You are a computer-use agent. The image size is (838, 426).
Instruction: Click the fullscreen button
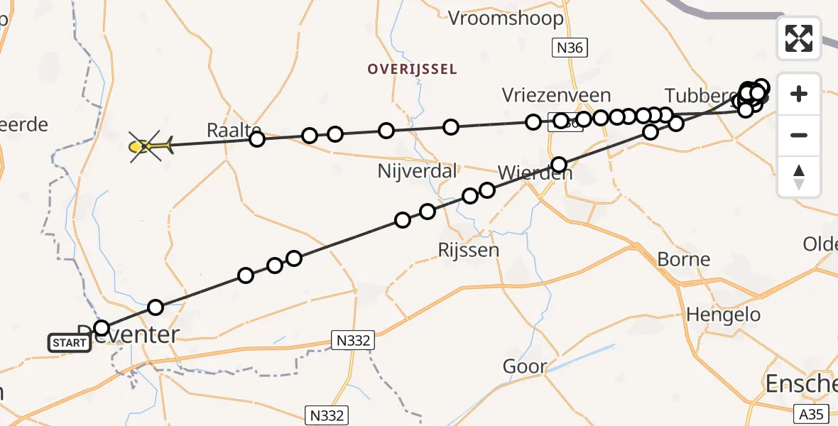point(799,38)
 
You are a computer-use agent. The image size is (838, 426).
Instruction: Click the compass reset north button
point(799,176)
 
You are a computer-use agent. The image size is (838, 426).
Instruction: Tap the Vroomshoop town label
point(506,18)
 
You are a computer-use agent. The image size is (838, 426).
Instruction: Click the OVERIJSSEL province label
point(412,69)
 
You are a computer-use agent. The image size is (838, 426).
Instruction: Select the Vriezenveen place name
point(556,95)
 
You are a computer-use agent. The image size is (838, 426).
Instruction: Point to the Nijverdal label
point(408,171)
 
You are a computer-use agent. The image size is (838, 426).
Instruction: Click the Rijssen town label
point(469,250)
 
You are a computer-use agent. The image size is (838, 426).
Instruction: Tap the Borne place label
point(684,259)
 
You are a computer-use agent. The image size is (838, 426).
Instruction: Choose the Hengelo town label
point(724,315)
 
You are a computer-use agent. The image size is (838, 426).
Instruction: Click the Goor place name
point(525,366)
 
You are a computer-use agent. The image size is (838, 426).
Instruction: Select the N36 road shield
point(570,48)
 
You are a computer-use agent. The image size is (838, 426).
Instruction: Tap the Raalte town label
point(229,130)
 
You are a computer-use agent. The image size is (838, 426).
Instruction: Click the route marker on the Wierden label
point(559,165)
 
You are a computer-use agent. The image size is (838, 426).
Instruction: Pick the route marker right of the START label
point(102,328)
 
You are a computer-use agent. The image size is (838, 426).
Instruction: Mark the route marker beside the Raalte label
point(257,139)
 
